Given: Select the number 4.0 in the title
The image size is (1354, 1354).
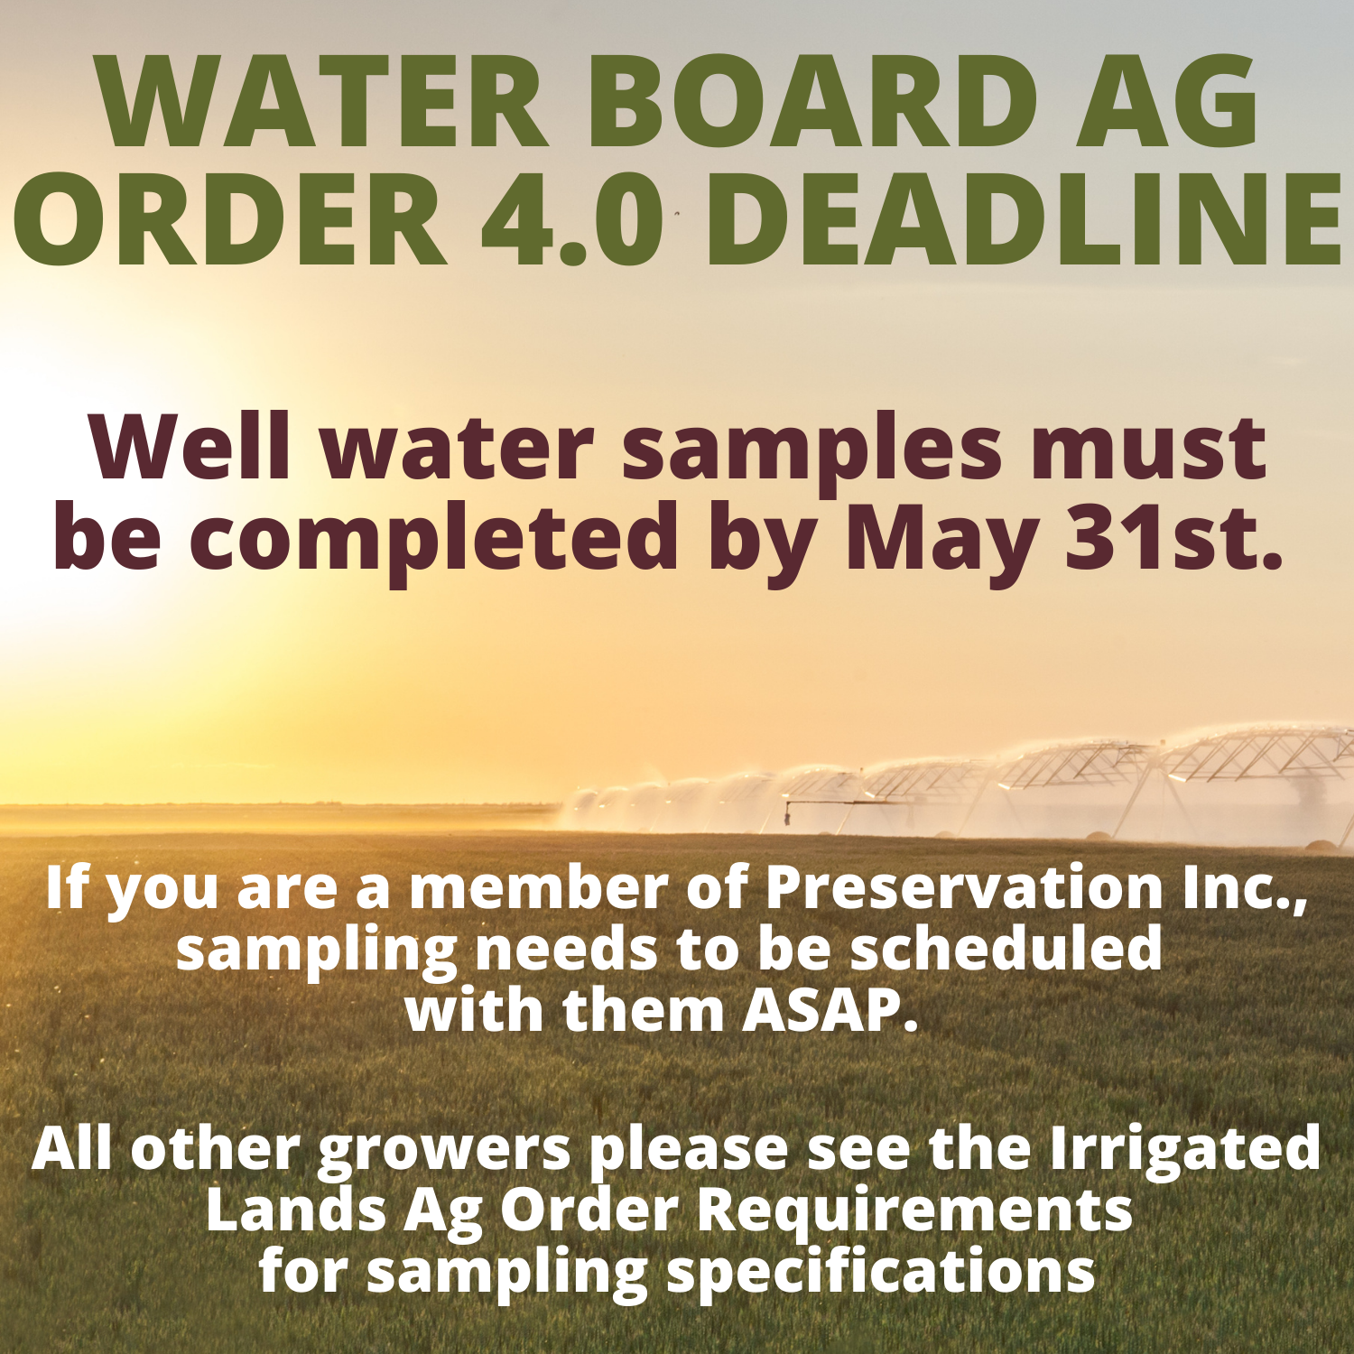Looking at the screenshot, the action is [574, 220].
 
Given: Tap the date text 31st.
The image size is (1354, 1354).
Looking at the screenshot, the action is [1174, 539].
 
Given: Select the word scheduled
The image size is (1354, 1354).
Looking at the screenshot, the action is [1006, 950].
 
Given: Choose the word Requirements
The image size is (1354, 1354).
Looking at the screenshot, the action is [915, 1212].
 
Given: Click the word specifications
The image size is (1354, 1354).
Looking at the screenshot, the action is [880, 1274].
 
